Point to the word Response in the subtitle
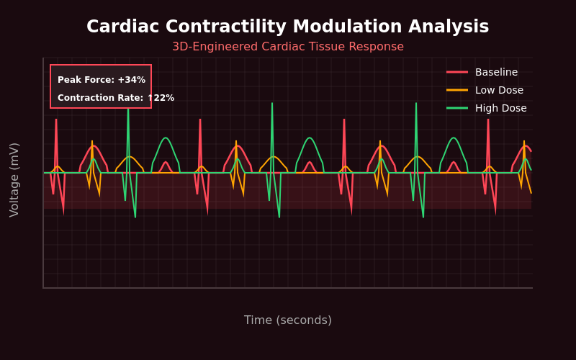point(377,47)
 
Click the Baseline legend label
point(496,72)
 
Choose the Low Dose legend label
point(499,90)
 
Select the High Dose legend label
point(500,108)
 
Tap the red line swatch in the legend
point(457,72)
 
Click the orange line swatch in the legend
point(457,90)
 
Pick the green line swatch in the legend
point(457,108)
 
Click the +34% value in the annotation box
point(131,80)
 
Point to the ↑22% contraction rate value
point(161,98)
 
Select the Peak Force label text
point(86,80)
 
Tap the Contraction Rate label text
point(100,98)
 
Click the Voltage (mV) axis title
point(14,179)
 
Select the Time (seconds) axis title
point(288,320)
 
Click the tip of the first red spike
point(56,120)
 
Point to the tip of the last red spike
point(488,120)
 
